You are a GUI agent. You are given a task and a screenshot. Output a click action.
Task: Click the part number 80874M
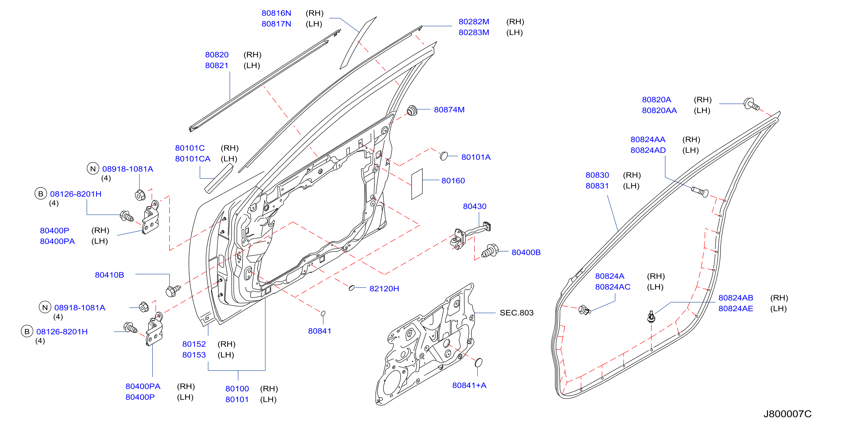click(449, 110)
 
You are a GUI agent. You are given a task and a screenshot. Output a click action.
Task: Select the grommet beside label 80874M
click(412, 110)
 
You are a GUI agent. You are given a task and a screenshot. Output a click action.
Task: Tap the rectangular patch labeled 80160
click(417, 184)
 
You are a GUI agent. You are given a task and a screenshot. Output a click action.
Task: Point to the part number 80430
click(474, 207)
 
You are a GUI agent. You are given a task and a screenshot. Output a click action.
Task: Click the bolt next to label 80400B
click(490, 251)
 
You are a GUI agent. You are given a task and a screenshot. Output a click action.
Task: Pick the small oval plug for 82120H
click(351, 288)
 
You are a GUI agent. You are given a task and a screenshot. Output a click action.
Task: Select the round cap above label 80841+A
click(478, 362)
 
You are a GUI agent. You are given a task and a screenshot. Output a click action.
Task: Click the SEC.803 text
click(516, 313)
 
